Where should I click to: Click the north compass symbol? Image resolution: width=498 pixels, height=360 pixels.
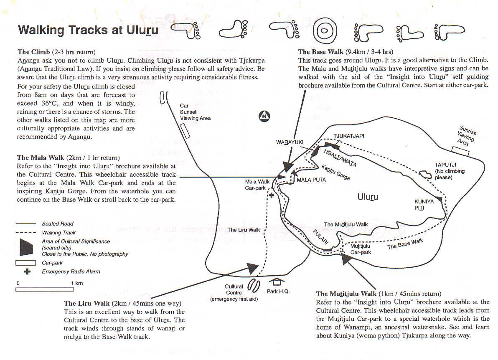click(264, 117)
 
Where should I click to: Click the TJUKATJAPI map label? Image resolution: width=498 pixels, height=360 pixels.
click(349, 136)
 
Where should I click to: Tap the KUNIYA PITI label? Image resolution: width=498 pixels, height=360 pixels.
click(424, 205)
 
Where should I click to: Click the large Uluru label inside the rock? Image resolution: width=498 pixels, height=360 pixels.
click(368, 197)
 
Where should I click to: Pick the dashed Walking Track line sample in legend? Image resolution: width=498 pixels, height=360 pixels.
click(26, 233)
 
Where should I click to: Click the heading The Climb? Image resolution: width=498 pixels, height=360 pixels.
click(34, 52)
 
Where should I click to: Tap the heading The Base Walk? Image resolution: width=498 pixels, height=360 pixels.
click(321, 52)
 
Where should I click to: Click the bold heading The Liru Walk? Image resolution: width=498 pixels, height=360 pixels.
click(87, 303)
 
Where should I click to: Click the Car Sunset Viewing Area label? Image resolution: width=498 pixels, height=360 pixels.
click(195, 112)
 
